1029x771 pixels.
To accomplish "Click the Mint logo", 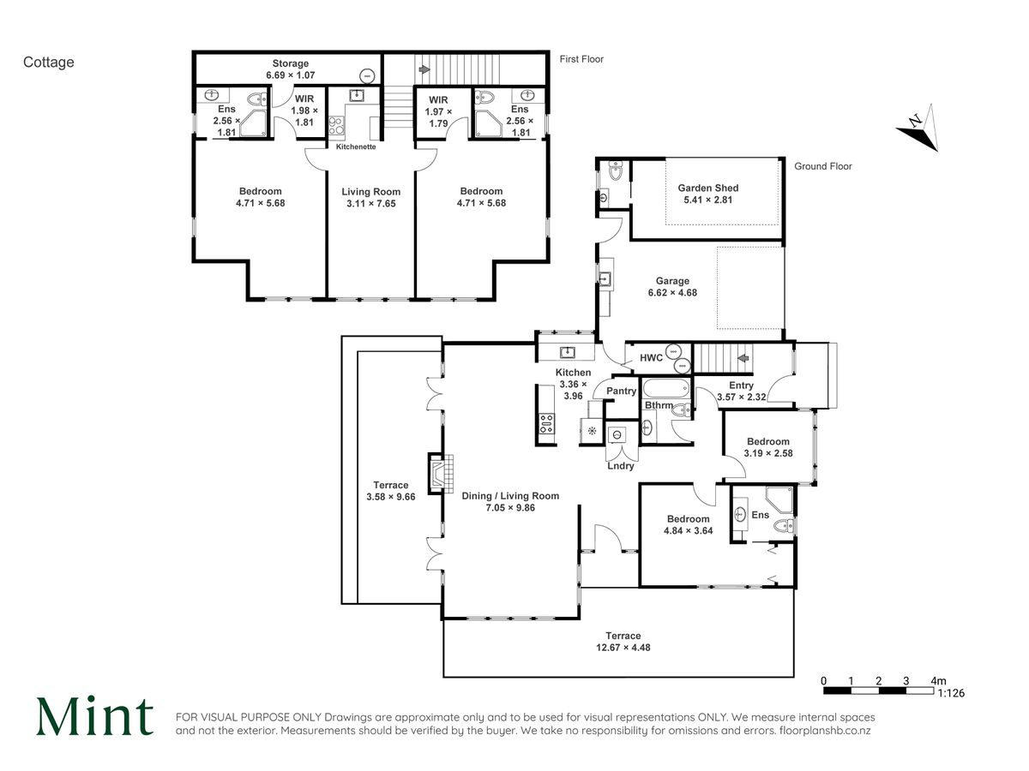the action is click(x=94, y=717).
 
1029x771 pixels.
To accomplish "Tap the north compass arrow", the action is click(x=918, y=128).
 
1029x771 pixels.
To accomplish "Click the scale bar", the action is click(x=878, y=690).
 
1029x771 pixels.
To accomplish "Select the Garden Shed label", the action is click(x=708, y=188).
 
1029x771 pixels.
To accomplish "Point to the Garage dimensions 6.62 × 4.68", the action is click(x=672, y=293).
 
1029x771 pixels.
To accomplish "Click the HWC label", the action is click(x=651, y=358).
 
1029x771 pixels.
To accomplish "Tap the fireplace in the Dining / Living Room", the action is click(x=441, y=473).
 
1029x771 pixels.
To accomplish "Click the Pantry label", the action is click(x=621, y=391).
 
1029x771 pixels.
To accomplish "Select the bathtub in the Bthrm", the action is click(x=666, y=389).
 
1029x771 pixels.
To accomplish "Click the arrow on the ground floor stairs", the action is click(x=743, y=359).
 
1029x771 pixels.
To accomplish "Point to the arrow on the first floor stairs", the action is click(x=424, y=69).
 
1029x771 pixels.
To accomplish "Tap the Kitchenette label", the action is click(x=356, y=147).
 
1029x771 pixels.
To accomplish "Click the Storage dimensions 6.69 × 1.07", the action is click(x=290, y=75).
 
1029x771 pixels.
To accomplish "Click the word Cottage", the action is click(x=48, y=63).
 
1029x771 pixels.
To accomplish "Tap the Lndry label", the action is click(x=620, y=466).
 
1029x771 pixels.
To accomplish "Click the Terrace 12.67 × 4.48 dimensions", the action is click(x=623, y=648).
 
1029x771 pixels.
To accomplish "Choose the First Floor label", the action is click(x=581, y=59).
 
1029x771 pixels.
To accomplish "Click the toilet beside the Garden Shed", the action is click(x=615, y=170).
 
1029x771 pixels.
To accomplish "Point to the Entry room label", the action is click(x=741, y=385).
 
